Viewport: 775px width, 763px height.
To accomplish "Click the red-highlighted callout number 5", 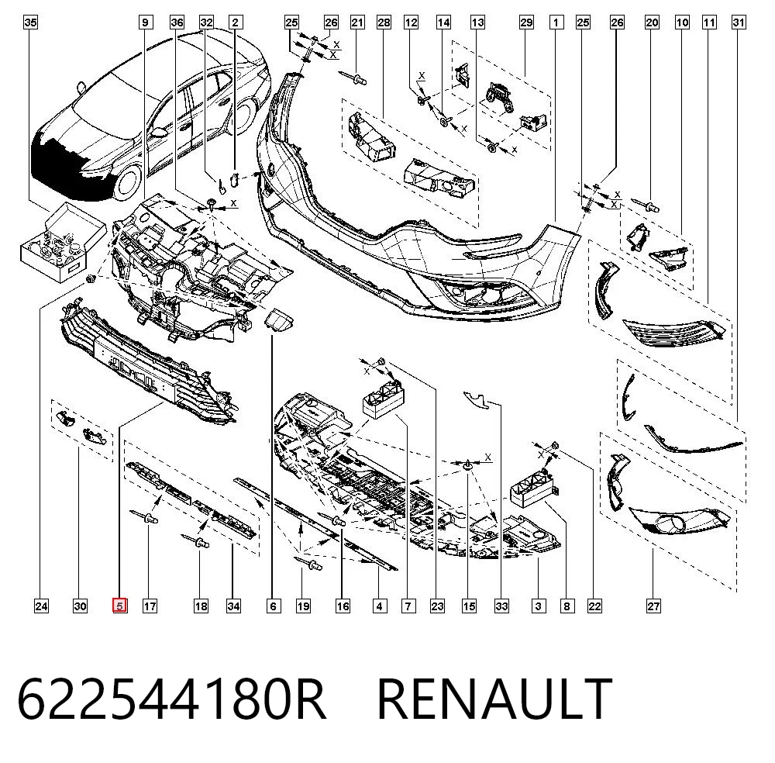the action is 120,606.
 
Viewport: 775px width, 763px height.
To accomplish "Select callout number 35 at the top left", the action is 31,22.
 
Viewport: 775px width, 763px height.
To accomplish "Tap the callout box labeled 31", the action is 739,22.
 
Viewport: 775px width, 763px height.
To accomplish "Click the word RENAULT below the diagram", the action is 494,699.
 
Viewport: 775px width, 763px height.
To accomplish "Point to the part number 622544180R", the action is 171,699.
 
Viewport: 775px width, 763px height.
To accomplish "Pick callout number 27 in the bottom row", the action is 653,606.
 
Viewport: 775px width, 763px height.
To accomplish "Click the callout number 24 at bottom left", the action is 42,606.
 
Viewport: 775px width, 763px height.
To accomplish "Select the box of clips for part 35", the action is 63,242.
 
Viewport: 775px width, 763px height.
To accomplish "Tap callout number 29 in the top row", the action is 526,22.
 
